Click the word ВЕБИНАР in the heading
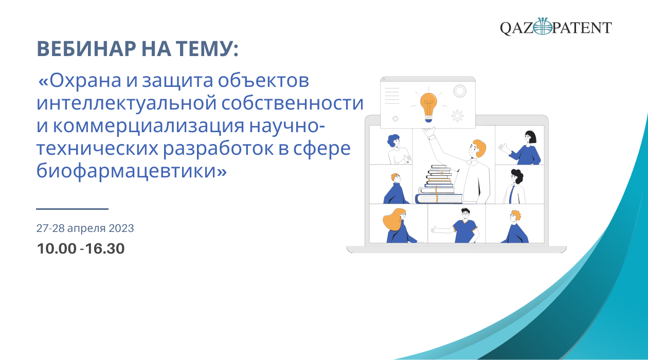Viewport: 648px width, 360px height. click(x=86, y=49)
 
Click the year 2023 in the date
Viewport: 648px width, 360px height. click(x=121, y=228)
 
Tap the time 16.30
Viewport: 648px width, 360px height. click(x=105, y=248)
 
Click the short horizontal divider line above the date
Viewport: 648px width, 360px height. click(x=73, y=209)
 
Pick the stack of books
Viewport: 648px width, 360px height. click(x=439, y=184)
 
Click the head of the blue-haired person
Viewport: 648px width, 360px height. click(x=393, y=141)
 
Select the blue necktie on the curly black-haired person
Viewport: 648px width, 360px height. click(x=511, y=194)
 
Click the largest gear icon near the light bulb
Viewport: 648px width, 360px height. click(x=459, y=91)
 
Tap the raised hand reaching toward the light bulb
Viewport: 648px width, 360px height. click(x=428, y=132)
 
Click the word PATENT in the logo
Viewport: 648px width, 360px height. click(x=582, y=28)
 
